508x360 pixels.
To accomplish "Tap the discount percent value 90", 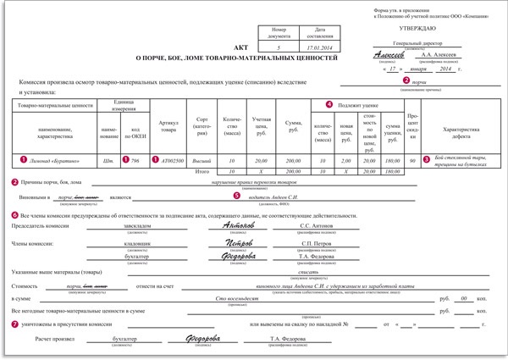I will click(x=412, y=158).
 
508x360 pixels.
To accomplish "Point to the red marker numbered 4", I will click(x=329, y=103).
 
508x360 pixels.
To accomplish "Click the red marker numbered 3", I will click(x=427, y=158).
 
